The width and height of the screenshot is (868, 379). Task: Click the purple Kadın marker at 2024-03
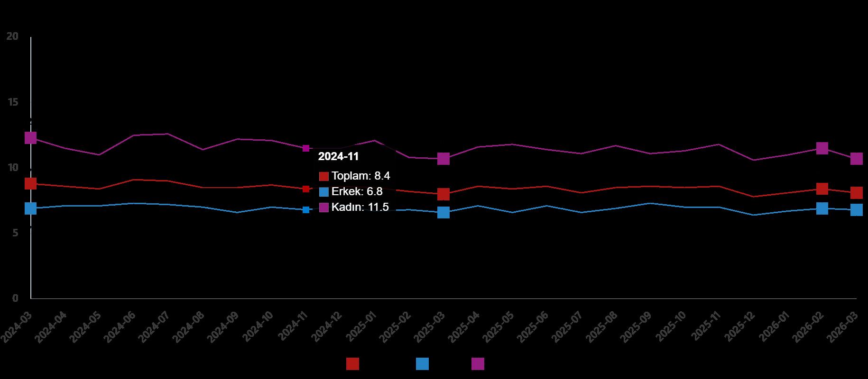point(30,138)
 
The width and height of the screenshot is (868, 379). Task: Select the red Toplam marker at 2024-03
point(30,183)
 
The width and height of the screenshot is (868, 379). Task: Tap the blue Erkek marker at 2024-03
point(30,208)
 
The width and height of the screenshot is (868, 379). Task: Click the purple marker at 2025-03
point(443,159)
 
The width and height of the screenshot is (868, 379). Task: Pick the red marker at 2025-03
point(443,194)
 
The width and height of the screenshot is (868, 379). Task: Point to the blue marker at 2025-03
point(443,212)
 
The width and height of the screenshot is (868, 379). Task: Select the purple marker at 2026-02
point(822,148)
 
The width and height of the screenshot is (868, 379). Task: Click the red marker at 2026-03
point(856,192)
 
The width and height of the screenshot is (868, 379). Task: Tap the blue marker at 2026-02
point(822,208)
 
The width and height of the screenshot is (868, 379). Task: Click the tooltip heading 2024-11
point(338,157)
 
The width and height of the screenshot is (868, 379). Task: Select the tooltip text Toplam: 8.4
point(360,176)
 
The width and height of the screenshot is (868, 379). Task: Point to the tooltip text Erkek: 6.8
point(357,192)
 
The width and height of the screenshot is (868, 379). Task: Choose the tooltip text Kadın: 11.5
point(360,207)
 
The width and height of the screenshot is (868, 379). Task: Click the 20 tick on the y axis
point(13,36)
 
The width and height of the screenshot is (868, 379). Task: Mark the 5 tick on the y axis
point(15,233)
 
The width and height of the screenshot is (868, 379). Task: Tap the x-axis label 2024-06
point(120,327)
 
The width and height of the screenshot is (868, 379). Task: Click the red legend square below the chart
point(352,364)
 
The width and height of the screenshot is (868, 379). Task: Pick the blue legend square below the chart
point(422,364)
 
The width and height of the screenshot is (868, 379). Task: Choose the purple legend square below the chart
point(478,364)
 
